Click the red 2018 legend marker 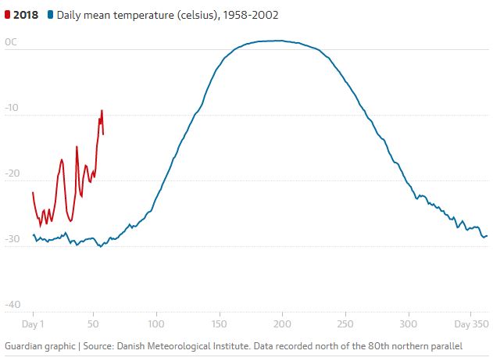(x=8, y=15)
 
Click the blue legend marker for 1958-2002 (x=51, y=15)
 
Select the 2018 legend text (x=27, y=15)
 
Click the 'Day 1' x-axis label (x=33, y=323)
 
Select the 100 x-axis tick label (x=156, y=323)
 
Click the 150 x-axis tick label (x=220, y=323)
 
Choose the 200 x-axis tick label (x=283, y=323)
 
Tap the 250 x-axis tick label (x=345, y=323)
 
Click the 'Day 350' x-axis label (x=471, y=323)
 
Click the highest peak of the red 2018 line (x=102, y=111)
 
